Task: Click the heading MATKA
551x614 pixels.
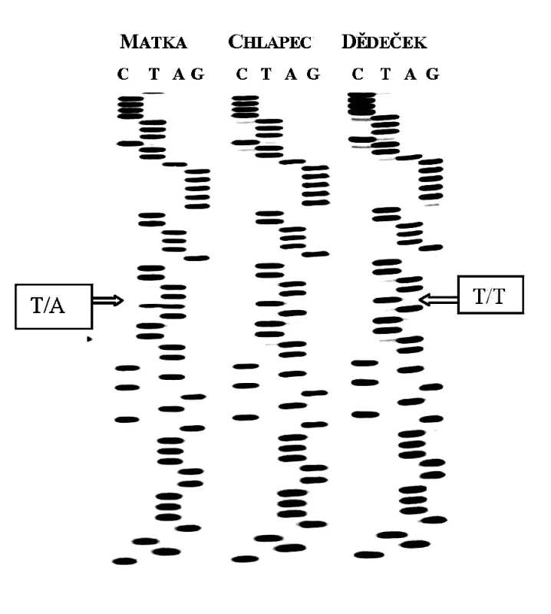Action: coord(153,42)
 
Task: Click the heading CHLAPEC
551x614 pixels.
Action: coord(270,41)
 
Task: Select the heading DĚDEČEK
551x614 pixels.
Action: coord(384,41)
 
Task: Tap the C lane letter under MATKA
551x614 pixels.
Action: coord(123,74)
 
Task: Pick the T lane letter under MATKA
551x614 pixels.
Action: coord(154,74)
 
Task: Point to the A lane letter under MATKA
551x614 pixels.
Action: coord(179,74)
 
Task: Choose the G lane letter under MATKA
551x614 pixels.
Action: coord(198,74)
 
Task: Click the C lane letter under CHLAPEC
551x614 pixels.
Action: coord(242,74)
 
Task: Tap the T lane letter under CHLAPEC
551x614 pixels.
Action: coord(266,74)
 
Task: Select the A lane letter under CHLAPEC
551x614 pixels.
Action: coord(291,74)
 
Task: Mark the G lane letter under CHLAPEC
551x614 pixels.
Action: coord(313,74)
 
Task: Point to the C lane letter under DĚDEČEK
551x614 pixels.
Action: coord(358,74)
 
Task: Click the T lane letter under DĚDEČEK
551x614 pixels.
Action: coord(386,74)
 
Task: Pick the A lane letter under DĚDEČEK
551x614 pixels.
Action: coord(411,74)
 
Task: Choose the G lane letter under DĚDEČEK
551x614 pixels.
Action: coord(433,74)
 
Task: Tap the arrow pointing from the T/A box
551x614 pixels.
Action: coord(108,301)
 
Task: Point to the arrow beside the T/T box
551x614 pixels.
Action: coord(438,299)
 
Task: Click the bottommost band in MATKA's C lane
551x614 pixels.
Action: coord(125,561)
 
